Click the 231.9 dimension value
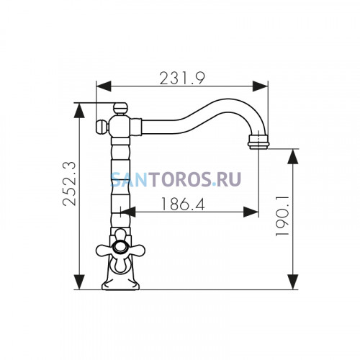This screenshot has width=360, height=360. point(182,78)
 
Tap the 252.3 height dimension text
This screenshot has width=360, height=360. point(69,184)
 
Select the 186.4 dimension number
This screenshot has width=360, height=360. point(183,204)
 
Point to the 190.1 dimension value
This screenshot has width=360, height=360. point(282,215)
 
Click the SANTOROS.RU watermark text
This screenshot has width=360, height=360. point(176,179)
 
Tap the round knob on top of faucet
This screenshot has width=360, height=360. point(120,109)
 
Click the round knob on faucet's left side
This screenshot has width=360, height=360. point(102,127)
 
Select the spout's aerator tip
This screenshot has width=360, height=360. point(258,142)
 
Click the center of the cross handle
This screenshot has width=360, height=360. point(120,247)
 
